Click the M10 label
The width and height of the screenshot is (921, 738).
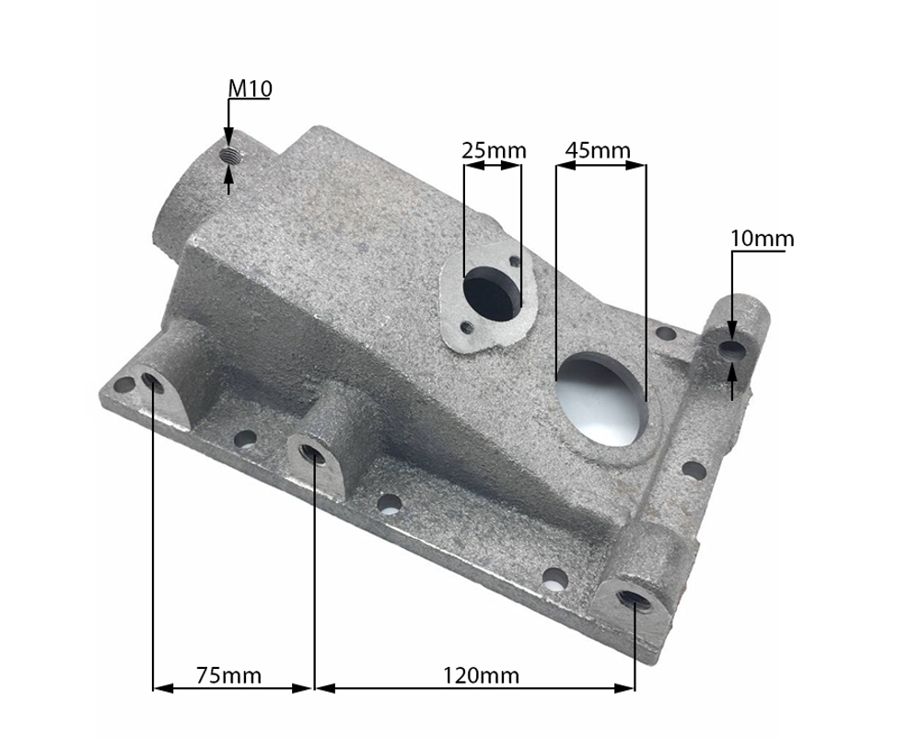click(x=250, y=88)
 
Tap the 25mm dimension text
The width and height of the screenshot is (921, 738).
click(x=494, y=150)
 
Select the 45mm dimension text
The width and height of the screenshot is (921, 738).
click(x=598, y=150)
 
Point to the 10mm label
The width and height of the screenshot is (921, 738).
click(x=763, y=239)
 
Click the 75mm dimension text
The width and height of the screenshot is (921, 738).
click(x=228, y=675)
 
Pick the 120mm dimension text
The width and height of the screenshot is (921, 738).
click(x=481, y=675)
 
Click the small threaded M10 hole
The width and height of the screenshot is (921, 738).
click(x=229, y=155)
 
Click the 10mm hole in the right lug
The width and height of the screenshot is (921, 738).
click(x=732, y=351)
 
